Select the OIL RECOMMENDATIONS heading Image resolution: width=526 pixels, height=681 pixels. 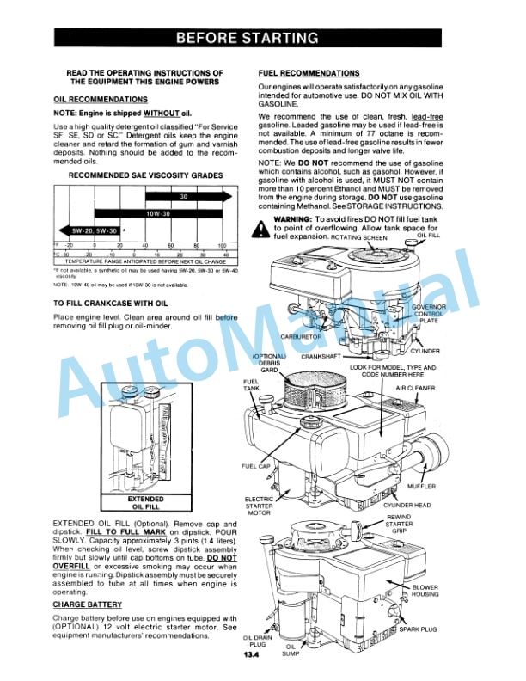click(101, 100)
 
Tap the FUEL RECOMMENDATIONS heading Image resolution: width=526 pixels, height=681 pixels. click(309, 74)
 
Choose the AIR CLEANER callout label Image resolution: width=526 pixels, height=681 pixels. click(415, 388)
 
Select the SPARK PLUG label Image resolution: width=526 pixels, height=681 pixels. click(417, 629)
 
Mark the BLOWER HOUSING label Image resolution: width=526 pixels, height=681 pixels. click(450, 592)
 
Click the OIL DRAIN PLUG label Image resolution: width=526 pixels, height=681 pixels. click(258, 642)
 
